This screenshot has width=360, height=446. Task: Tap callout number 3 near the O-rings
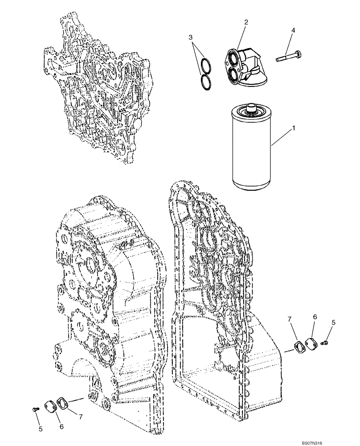[190, 37]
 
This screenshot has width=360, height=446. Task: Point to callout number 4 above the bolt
[293, 31]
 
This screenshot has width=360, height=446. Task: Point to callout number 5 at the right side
[333, 322]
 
